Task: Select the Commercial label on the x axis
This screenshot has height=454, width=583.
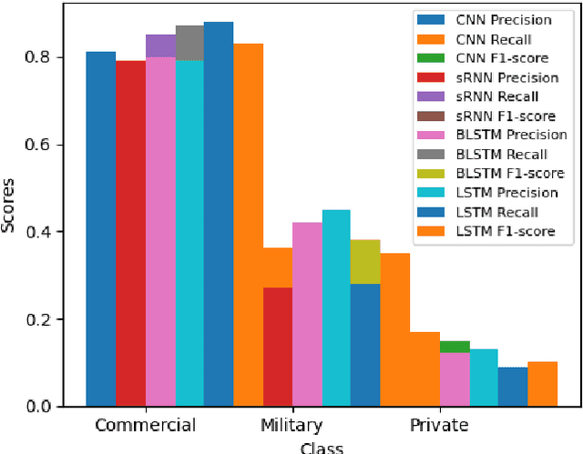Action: [145, 426]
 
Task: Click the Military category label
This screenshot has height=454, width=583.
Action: [291, 426]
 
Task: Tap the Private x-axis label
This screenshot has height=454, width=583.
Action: [439, 426]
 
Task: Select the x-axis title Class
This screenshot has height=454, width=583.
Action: [323, 448]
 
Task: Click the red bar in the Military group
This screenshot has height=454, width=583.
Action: [278, 346]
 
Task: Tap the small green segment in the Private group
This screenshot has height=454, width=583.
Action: [455, 347]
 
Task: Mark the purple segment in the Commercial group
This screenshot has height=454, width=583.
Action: [160, 45]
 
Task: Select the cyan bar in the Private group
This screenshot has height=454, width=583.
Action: [484, 377]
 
